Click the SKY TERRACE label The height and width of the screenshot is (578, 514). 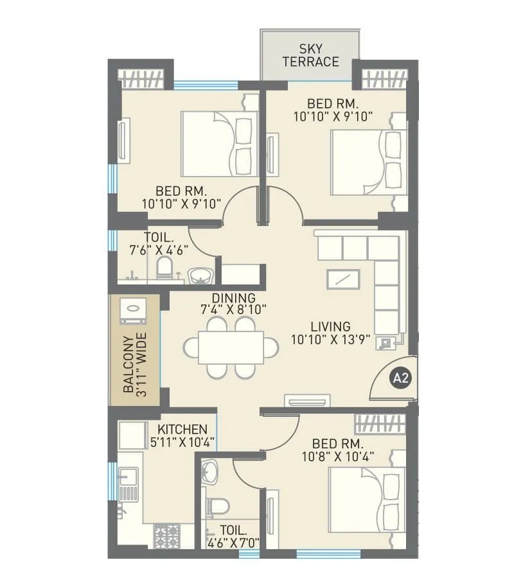[310, 56]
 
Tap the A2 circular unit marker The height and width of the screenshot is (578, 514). [400, 378]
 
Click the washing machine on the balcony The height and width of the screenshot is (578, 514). [134, 310]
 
